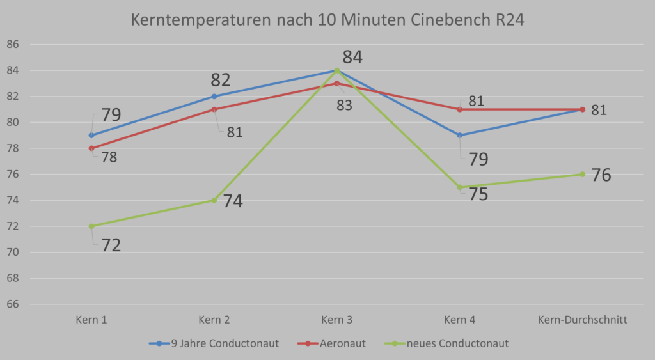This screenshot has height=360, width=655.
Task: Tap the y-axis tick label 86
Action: coord(13,44)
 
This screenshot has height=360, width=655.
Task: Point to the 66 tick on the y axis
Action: coord(13,304)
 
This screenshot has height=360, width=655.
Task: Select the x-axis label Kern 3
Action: coord(336,320)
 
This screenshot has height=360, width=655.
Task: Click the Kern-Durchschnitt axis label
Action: coord(582,320)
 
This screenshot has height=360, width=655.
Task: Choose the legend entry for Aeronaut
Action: coord(331,344)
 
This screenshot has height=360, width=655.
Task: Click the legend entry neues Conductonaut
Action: coord(446,344)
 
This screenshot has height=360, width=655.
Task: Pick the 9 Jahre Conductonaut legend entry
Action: coord(214,344)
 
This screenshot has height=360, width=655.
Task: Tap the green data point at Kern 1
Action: coord(91,226)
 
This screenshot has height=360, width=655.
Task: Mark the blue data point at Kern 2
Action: coord(214,97)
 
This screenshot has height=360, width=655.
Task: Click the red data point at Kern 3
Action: coord(336,84)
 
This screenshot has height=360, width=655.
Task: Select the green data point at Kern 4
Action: coord(459,187)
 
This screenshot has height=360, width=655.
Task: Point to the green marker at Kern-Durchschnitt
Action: coord(582,174)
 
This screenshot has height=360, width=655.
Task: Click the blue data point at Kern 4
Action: coord(459,136)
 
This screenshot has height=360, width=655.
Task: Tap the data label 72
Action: coord(111,245)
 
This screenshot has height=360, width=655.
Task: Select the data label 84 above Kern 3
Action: coord(352,57)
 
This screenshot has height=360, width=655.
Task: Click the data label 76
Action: coord(601,175)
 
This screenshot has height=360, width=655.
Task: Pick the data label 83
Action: coord(345,106)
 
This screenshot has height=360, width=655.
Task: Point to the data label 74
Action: coord(233,201)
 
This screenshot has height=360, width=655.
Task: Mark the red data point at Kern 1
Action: coord(91,148)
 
